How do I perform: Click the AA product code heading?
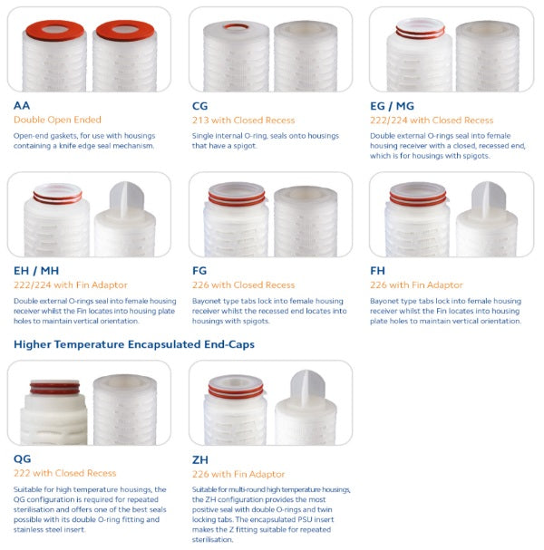[22, 105]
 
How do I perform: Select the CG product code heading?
[199, 106]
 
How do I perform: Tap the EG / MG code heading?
[392, 106]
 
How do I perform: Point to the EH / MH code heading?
[36, 271]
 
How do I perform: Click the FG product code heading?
[199, 271]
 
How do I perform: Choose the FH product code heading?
[378, 271]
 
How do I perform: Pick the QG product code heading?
[22, 458]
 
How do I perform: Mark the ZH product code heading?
[200, 460]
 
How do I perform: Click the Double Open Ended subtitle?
[57, 120]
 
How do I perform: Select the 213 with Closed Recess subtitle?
[243, 121]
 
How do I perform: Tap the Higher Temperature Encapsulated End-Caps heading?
[134, 344]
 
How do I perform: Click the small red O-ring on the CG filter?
[237, 26]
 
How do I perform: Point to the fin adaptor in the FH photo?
[488, 197]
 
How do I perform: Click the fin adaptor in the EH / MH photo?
[127, 198]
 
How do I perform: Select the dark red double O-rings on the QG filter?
[54, 389]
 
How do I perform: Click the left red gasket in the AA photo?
[55, 31]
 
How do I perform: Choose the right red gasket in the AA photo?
[125, 31]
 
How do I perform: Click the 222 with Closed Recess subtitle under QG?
[64, 473]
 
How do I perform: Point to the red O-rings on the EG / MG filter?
[421, 34]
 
